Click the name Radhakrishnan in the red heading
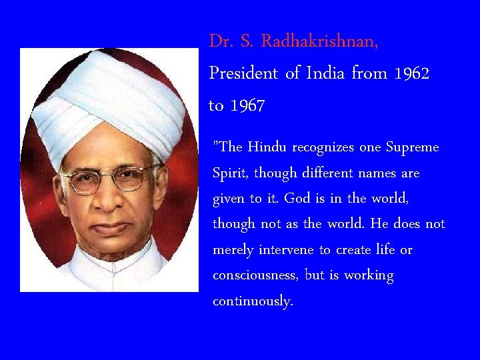[319, 41]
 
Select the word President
[244, 73]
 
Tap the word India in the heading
[325, 73]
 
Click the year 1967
[247, 105]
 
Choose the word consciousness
[255, 275]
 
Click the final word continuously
[253, 301]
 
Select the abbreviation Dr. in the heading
[221, 41]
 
